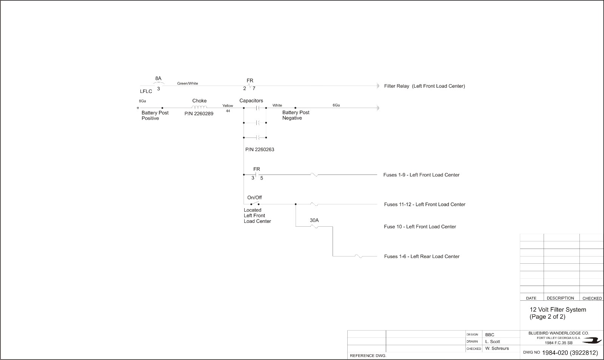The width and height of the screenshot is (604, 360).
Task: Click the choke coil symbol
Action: click(x=199, y=107)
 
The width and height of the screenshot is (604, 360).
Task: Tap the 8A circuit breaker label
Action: click(x=158, y=78)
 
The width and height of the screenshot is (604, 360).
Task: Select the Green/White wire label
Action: click(x=187, y=83)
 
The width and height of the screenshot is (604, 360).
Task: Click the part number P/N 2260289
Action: click(x=199, y=114)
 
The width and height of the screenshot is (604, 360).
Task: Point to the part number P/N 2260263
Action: click(x=260, y=150)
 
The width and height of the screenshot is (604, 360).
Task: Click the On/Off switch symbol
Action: click(x=255, y=203)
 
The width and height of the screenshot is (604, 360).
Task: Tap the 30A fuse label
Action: click(x=314, y=220)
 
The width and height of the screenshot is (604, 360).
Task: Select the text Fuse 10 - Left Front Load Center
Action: click(x=420, y=227)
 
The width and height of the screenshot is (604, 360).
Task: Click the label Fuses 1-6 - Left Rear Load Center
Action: click(x=422, y=256)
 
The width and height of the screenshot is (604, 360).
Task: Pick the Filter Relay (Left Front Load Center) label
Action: click(x=424, y=86)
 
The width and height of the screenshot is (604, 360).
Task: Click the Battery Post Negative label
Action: click(x=296, y=115)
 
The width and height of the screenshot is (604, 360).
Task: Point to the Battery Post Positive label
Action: click(x=155, y=116)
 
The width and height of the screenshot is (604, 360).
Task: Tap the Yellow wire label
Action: click(x=228, y=105)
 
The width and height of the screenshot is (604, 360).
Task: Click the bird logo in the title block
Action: click(x=592, y=341)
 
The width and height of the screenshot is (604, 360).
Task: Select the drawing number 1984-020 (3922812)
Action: click(x=570, y=352)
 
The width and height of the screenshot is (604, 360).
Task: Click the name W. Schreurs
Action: click(x=497, y=348)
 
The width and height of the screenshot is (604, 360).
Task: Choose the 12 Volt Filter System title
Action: click(x=558, y=309)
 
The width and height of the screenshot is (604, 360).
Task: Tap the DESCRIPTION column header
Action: click(x=560, y=298)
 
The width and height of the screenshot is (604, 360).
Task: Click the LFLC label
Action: click(x=146, y=91)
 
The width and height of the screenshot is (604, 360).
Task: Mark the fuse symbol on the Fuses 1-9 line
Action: click(x=314, y=175)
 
